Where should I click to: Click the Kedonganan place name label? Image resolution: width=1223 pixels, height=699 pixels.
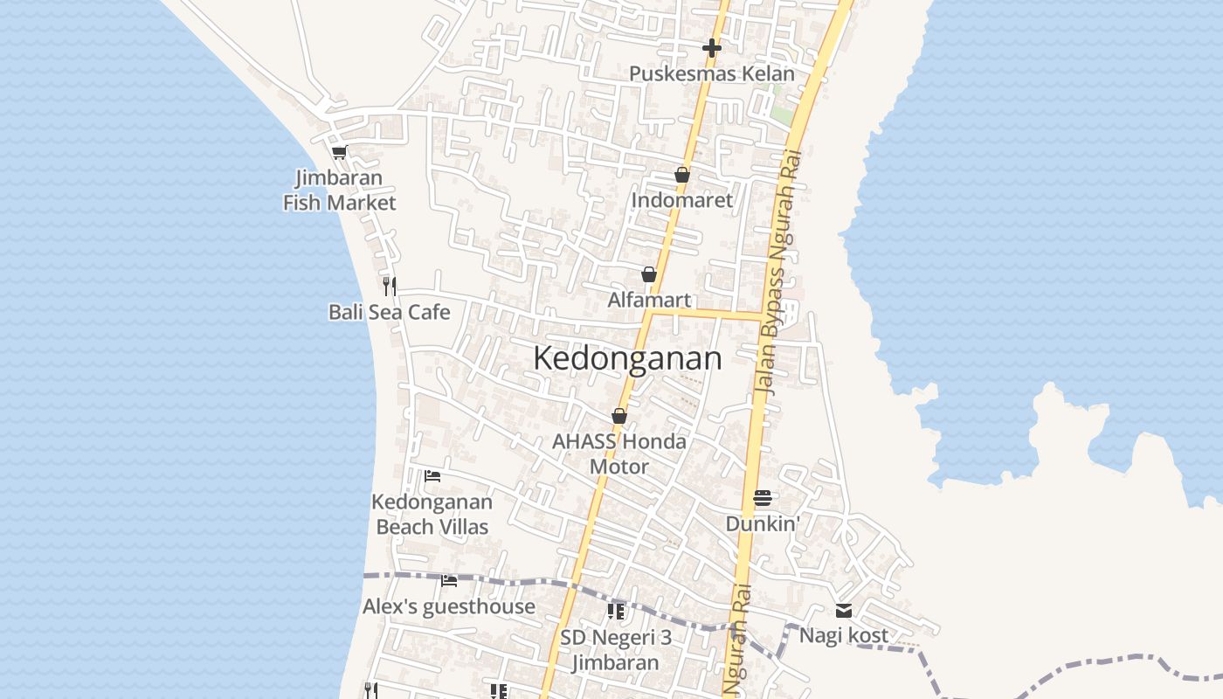pos(627,359)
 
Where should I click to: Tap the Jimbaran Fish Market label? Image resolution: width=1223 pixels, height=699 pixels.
pos(339,190)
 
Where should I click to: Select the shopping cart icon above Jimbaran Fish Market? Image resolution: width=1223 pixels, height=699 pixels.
pos(339,152)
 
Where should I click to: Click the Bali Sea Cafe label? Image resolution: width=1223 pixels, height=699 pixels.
pos(390,312)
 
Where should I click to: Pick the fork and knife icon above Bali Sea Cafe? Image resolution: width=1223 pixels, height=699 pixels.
pos(390,285)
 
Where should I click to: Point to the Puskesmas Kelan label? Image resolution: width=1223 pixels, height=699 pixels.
pos(712,73)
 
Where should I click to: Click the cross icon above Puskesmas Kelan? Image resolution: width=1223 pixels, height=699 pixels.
pos(712,47)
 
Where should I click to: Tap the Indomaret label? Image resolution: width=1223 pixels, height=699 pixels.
pos(682,200)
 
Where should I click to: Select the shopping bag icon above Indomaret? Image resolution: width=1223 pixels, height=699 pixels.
pos(682,175)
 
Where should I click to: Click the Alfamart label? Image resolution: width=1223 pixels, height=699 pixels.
pos(649,300)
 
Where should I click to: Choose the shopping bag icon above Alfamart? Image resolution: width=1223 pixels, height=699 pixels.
pos(649,274)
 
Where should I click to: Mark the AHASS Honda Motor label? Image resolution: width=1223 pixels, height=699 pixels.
pos(619,453)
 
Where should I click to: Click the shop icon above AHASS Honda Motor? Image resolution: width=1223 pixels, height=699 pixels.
pos(619,416)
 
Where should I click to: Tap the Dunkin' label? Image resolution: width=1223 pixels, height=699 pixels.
pos(763,523)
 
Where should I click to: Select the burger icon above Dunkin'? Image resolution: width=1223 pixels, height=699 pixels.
pos(763,498)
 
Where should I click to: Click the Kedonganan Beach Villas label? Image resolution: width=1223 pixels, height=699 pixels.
pos(432,514)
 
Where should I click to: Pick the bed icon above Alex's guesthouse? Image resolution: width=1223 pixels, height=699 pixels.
pos(449,580)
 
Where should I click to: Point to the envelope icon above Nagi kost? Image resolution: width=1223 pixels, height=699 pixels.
pos(844,611)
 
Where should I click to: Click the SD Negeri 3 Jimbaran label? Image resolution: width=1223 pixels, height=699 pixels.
pos(616,649)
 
